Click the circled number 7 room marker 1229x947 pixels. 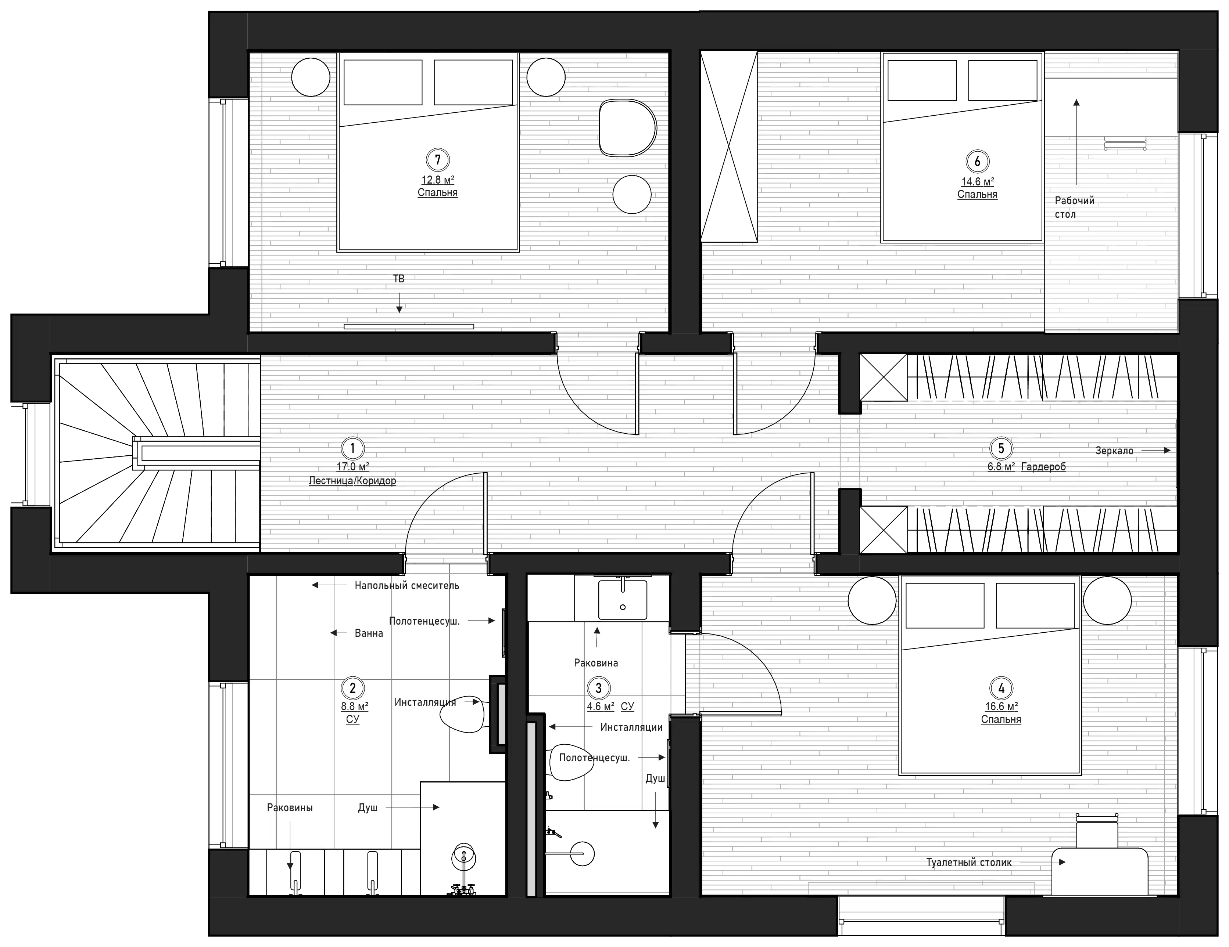pos(437,160)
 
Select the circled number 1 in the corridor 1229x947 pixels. pos(353,448)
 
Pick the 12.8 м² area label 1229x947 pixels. pos(438,180)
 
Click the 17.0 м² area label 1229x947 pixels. pos(353,467)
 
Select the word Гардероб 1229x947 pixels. pos(1043,467)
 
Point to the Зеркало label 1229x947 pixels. pos(1114,451)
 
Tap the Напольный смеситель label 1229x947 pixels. pos(407,585)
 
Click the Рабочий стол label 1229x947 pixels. pos(1074,207)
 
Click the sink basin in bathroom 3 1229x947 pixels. pos(622,600)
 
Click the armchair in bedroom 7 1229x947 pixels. pos(627,128)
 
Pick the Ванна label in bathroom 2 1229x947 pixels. pos(369,633)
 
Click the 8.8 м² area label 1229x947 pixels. pos(355,706)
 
